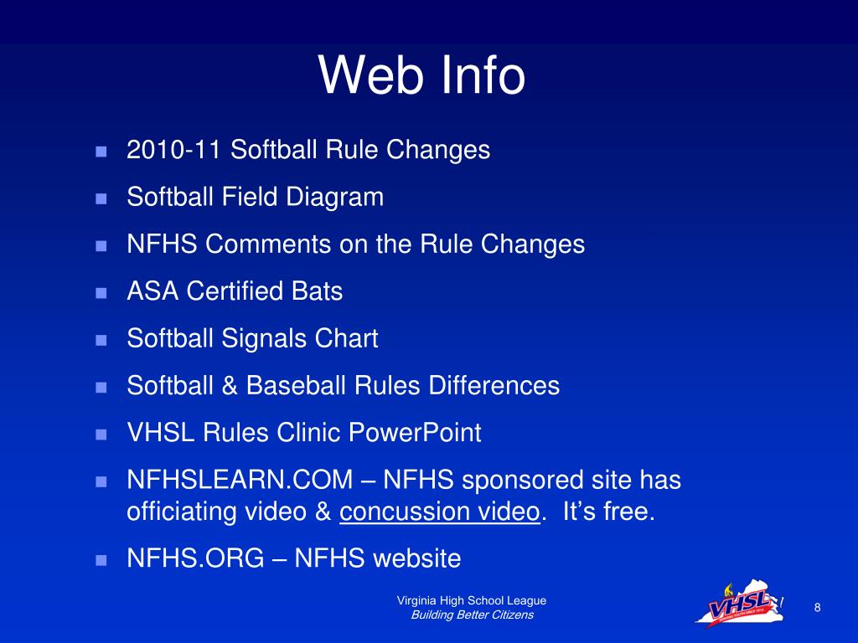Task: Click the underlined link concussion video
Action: click(438, 512)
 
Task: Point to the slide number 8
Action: click(817, 607)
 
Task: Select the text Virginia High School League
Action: click(472, 600)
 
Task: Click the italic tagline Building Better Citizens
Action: click(472, 615)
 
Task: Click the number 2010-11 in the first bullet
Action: click(174, 150)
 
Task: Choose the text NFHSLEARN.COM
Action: click(240, 481)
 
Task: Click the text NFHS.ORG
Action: click(195, 558)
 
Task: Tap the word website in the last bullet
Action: click(417, 558)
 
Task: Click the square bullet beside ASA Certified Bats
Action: click(101, 293)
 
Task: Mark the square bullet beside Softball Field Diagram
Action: click(101, 199)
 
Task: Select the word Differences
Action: click(494, 386)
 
